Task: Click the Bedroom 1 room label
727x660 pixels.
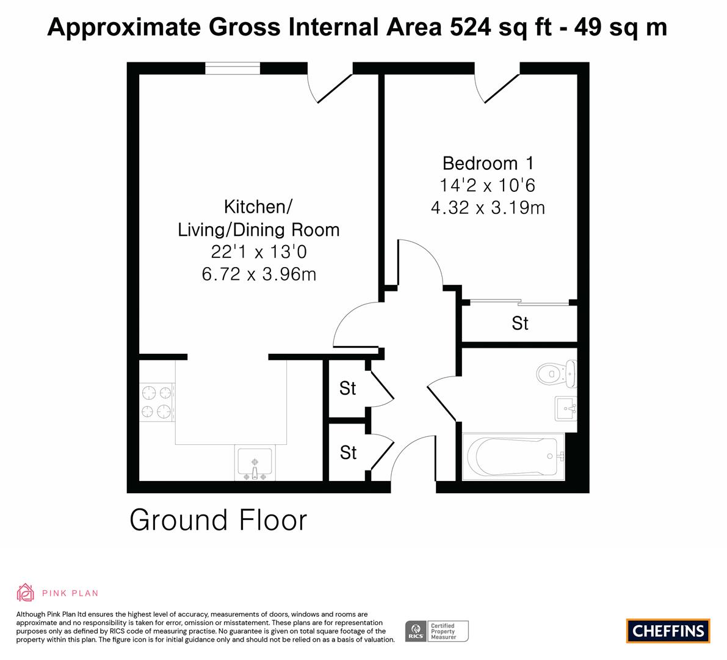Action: [488, 163]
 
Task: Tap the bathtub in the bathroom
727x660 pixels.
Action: [513, 457]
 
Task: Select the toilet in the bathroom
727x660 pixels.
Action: [556, 373]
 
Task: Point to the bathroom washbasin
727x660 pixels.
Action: [566, 408]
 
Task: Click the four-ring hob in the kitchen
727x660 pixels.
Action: [157, 402]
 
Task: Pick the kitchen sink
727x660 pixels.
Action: [255, 463]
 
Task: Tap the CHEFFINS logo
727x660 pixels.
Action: [668, 631]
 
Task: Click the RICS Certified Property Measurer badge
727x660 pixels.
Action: [437, 631]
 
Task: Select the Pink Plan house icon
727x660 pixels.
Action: [26, 593]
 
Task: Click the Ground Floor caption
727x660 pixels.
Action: [219, 520]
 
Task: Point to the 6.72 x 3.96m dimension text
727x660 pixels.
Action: [259, 274]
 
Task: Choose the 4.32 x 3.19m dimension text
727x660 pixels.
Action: [488, 207]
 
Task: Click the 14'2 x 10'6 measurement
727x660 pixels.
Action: [487, 186]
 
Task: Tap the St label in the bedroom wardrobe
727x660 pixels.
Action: [519, 323]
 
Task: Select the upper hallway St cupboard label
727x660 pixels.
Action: [348, 388]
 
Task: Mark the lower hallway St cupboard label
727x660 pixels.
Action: [348, 453]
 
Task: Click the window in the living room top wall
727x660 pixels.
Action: [233, 68]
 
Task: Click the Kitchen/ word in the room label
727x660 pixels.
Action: [258, 207]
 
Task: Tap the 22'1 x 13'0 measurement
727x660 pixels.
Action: [259, 252]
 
